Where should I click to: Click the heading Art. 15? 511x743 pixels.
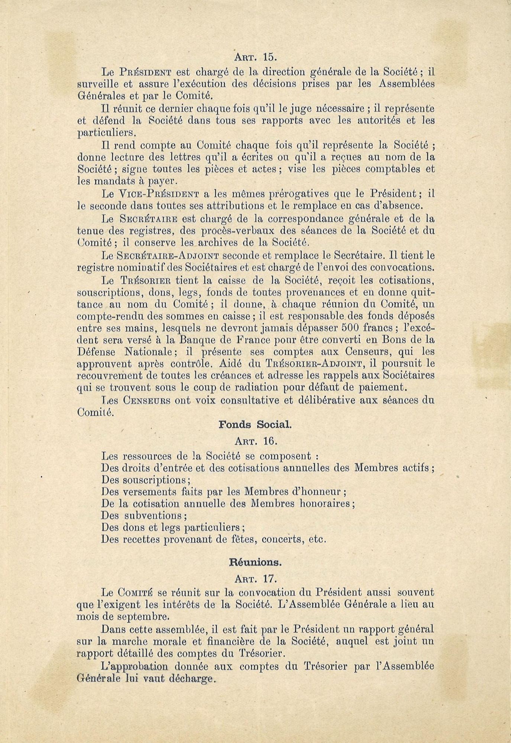click(255, 57)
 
